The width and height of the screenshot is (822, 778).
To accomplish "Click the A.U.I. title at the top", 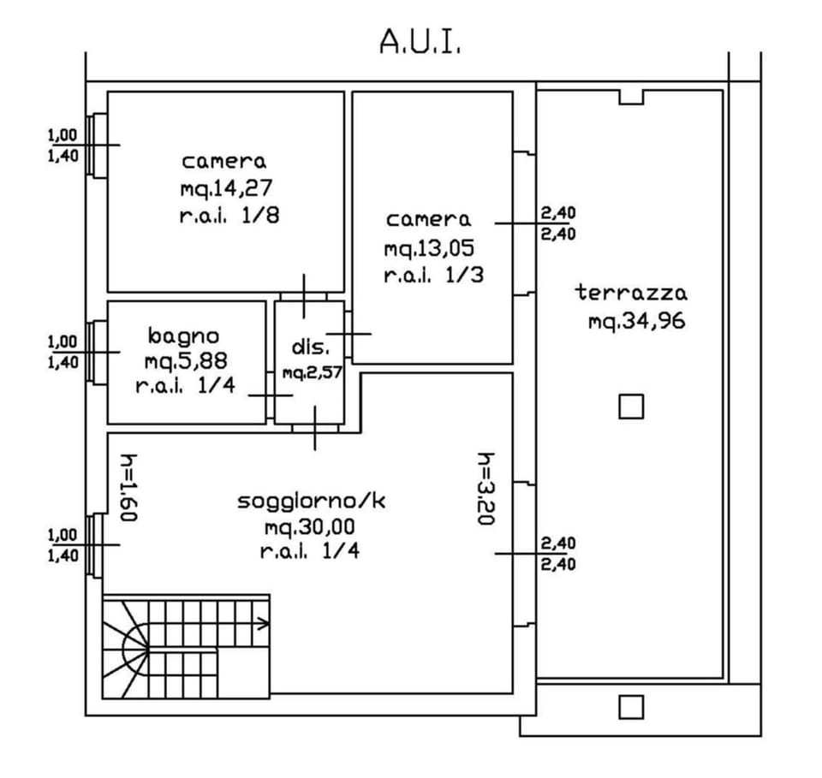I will coord(420,41).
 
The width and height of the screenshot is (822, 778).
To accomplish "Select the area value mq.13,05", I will coord(429,248).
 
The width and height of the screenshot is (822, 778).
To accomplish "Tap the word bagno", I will coord(183,335).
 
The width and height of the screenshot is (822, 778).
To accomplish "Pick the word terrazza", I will coord(631,293).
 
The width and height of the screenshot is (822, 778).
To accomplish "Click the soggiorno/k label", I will coord(311,501).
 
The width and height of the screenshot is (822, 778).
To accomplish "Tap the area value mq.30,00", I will coord(310,526).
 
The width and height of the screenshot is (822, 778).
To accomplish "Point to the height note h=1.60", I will coord(129,487).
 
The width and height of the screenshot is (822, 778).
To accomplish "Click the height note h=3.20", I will coord(485,489).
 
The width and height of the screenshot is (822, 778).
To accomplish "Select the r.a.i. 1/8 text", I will coord(229,216).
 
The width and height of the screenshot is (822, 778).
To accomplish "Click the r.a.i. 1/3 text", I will coord(429,276).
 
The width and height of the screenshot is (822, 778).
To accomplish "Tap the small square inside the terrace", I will coord(631,407).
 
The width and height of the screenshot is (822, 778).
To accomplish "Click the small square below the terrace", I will coord(631,707).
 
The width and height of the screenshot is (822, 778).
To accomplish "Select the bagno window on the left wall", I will coord(98,352).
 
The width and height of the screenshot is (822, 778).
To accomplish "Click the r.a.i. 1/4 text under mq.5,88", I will coord(185,386).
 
